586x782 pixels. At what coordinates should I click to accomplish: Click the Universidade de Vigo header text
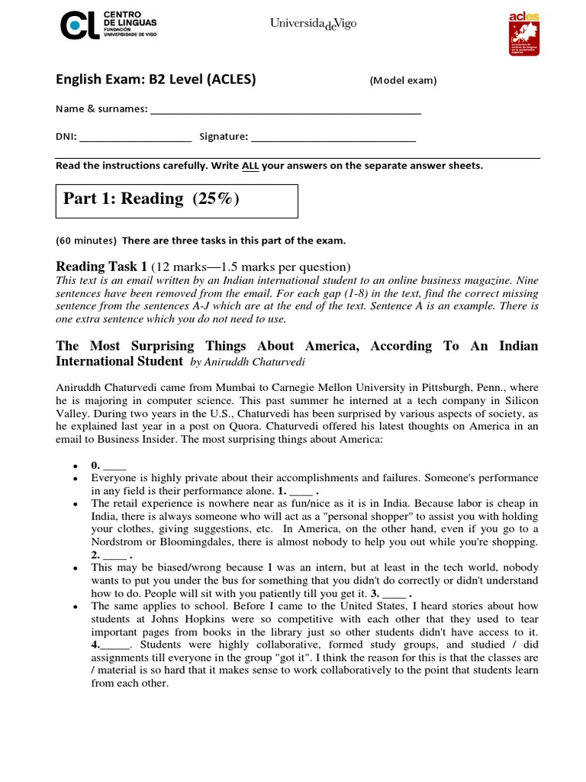pos(313,24)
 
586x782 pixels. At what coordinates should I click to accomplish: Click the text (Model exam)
pos(403,81)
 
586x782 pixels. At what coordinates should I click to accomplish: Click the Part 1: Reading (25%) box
pos(177,200)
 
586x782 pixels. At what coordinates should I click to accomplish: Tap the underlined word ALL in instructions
pos(250,166)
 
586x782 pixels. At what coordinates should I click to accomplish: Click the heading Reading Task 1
pos(101,267)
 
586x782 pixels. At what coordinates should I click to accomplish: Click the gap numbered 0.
pos(114,465)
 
